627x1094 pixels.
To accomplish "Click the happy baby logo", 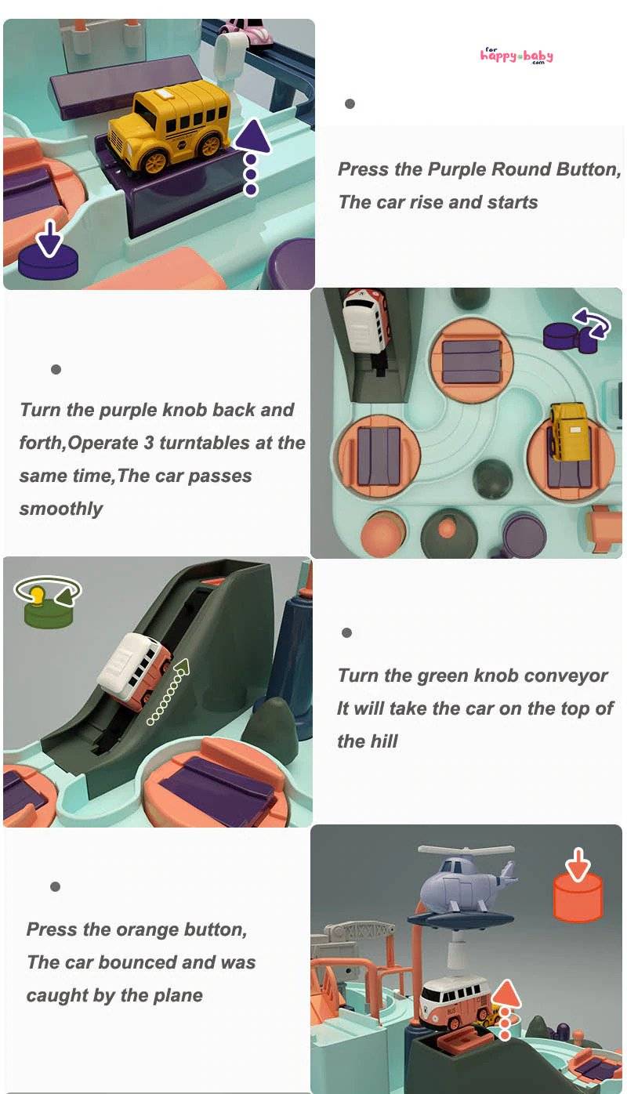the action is pyautogui.click(x=516, y=56).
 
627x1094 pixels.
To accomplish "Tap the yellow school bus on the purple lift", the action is pyautogui.click(x=169, y=127).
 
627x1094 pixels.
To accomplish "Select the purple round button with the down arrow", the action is pyautogui.click(x=48, y=253).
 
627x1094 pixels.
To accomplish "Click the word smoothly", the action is pyautogui.click(x=61, y=509).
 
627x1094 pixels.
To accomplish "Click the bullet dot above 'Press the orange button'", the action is pyautogui.click(x=55, y=886).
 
